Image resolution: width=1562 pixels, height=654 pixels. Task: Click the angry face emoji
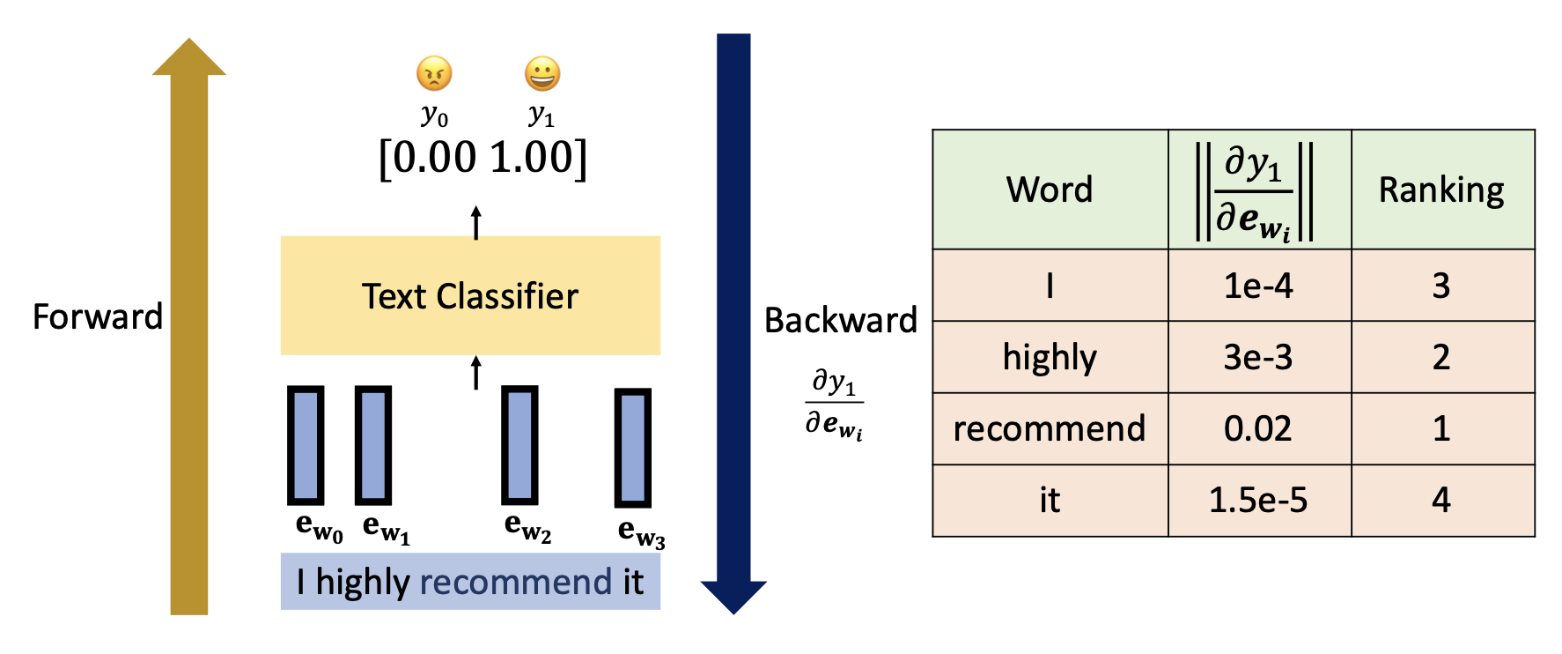(434, 74)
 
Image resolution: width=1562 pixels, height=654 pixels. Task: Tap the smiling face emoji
(542, 74)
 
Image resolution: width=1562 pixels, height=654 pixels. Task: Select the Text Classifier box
(470, 296)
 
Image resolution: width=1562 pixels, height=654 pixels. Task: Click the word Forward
(98, 316)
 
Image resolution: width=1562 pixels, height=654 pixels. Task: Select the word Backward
(840, 320)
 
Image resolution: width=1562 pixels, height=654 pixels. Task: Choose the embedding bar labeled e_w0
(306, 445)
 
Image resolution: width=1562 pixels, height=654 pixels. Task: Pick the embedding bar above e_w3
(633, 448)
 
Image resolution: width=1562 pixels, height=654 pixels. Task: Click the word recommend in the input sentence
(516, 583)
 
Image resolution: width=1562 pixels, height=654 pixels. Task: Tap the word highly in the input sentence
(363, 583)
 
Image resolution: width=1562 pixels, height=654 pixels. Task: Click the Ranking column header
(1441, 190)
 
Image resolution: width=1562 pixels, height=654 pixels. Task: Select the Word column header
(1050, 190)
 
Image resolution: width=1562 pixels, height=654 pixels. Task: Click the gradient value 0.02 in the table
(1258, 428)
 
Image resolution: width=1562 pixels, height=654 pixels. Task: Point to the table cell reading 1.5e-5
(1258, 500)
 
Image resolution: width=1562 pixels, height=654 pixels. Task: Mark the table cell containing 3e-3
(1258, 357)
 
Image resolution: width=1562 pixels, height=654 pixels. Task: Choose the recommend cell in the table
(1050, 428)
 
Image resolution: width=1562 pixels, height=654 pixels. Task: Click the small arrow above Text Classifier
(476, 222)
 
